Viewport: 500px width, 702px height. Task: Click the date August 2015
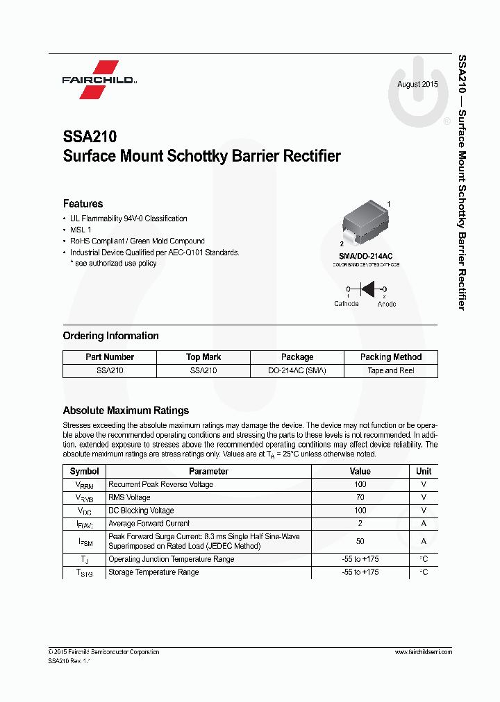tap(417, 85)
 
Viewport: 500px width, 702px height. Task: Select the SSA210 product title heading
tap(90, 137)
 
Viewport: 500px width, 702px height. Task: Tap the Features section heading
tap(83, 203)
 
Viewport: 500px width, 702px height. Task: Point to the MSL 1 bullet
tap(81, 230)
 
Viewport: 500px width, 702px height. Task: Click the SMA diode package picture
tap(364, 222)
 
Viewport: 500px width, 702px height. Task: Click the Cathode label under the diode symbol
tap(347, 304)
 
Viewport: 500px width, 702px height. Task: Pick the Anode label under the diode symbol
tap(387, 304)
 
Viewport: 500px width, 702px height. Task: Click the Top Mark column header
tap(203, 357)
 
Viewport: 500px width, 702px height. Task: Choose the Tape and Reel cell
tap(391, 370)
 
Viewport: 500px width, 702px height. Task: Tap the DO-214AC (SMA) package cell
tap(297, 370)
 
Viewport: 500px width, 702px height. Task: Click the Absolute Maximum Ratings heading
tap(126, 410)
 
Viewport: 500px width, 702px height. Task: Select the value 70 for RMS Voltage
tap(360, 497)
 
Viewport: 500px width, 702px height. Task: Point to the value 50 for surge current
tap(360, 541)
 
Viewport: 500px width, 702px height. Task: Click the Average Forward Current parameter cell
tap(149, 524)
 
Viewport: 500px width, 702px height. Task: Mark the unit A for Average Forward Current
tap(424, 524)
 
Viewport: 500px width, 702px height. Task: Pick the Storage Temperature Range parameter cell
tap(153, 572)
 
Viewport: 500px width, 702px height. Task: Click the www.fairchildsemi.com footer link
tap(423, 652)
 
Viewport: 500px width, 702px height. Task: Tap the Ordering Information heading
tap(111, 336)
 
